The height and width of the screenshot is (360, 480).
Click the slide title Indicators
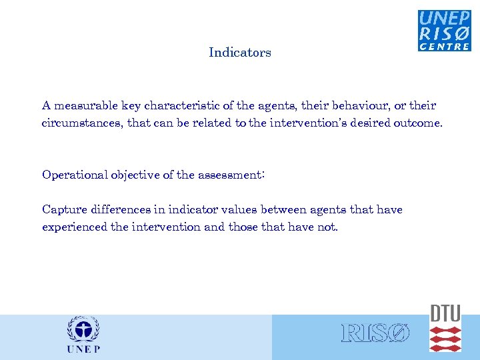pos(239,53)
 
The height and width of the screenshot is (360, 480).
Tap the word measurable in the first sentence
pos(83,105)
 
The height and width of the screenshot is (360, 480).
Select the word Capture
pos(64,209)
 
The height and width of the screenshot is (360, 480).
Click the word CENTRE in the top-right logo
pos(445,47)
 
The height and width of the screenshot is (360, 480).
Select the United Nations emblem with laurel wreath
pos(83,331)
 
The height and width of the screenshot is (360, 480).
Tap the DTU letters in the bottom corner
pos(445,313)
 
